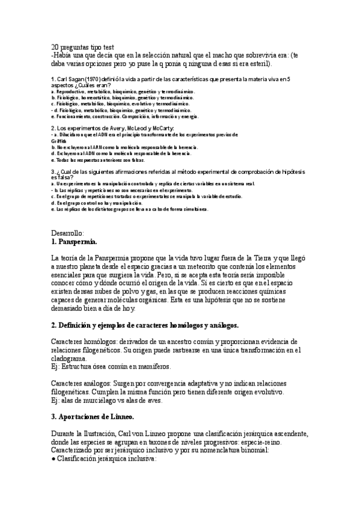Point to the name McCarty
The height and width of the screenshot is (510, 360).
tap(159, 129)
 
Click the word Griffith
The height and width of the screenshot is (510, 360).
tap(59, 141)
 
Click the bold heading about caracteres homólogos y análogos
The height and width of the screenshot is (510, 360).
tap(145, 325)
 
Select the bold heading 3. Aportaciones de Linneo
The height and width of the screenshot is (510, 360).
tap(93, 417)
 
